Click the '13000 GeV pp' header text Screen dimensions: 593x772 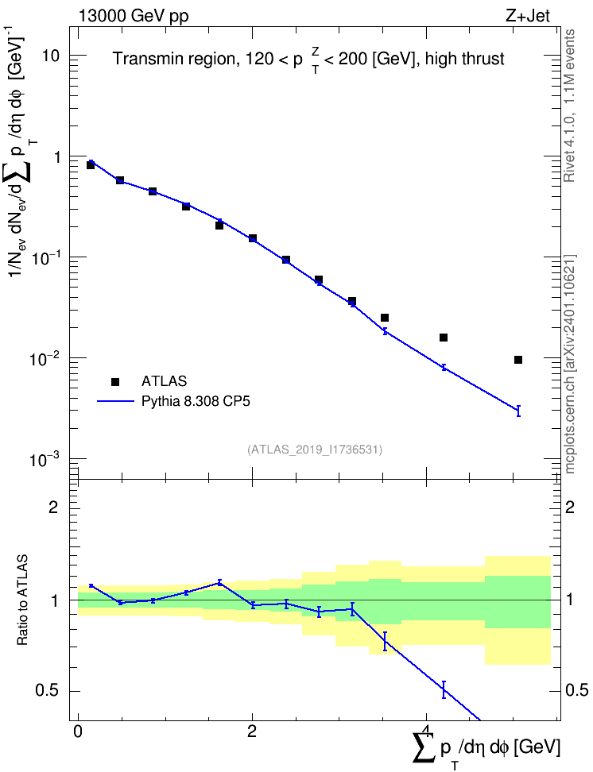[x=133, y=16]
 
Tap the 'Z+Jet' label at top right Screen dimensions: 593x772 [x=527, y=16]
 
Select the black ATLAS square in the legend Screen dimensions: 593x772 [x=115, y=381]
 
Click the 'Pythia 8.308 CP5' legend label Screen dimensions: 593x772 [x=196, y=401]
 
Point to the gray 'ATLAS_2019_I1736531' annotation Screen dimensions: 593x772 [x=315, y=450]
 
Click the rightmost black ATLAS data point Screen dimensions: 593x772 [x=518, y=360]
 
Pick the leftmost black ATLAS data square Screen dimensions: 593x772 [x=90, y=165]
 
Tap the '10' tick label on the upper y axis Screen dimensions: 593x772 [x=50, y=56]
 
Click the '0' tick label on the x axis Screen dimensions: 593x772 [x=78, y=731]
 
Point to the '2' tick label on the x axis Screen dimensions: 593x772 [x=252, y=731]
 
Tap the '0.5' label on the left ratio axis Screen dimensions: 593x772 [x=48, y=691]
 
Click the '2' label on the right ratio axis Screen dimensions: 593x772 [x=570, y=507]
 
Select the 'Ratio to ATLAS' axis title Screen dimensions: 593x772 [x=22, y=600]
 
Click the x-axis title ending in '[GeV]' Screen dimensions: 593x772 [x=486, y=747]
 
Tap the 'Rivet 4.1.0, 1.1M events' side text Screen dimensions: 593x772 [x=569, y=106]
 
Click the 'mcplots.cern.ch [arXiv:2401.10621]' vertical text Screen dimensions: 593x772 [x=570, y=365]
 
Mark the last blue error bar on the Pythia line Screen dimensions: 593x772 [x=518, y=411]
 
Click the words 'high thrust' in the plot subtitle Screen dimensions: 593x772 [x=464, y=59]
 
